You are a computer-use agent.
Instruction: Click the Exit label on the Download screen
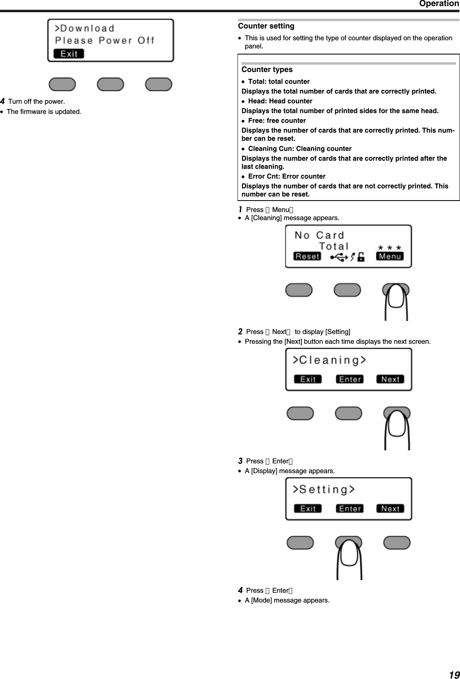point(69,54)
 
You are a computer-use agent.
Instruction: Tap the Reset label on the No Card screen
point(307,256)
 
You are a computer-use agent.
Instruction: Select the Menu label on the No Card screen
point(390,256)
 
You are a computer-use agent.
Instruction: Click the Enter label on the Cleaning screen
point(350,380)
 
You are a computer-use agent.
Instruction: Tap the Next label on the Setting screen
point(390,509)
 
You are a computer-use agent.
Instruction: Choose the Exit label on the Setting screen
point(308,509)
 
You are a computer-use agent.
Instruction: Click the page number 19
point(453,672)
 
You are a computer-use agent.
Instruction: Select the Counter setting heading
point(266,26)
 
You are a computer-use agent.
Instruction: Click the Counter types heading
point(267,70)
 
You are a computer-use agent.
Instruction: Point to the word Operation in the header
point(439,4)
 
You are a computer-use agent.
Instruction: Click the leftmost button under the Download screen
point(62,84)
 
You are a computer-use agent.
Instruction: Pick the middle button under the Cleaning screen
point(348,413)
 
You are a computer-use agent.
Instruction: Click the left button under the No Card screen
point(299,290)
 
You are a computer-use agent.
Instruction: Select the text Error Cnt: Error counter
point(286,177)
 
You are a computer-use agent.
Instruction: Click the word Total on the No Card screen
point(334,246)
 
